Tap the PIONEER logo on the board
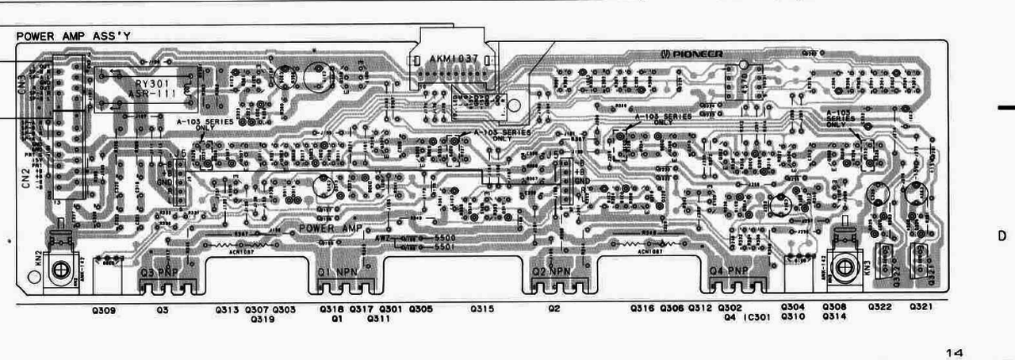691,53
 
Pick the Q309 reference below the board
105,310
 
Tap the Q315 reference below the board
482,309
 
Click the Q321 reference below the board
921,307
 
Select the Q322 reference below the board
880,307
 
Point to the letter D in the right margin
1001,235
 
